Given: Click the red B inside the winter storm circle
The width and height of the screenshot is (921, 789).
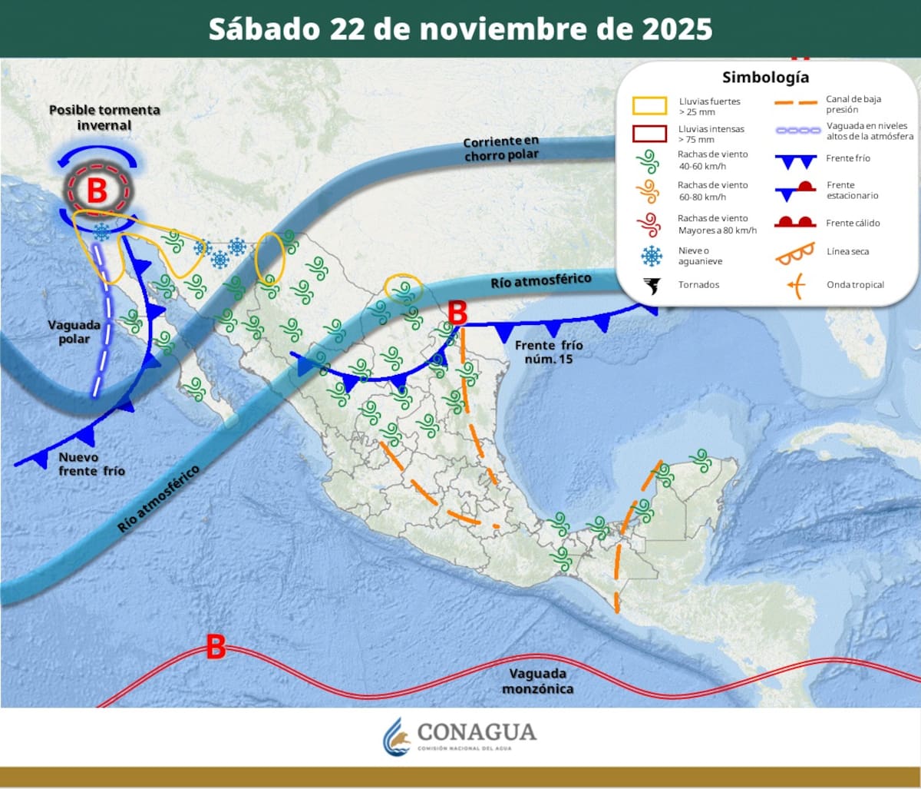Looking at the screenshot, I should (x=97, y=191).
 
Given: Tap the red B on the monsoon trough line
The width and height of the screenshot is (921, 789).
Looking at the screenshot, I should (x=216, y=647).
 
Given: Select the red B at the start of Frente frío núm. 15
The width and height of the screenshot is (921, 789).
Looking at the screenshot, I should (x=457, y=313).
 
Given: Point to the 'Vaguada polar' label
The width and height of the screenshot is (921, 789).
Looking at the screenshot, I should (x=74, y=332).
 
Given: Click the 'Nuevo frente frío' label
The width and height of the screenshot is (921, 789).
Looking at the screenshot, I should (x=91, y=464).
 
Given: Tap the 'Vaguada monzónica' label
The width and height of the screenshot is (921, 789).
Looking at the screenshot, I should (x=537, y=681).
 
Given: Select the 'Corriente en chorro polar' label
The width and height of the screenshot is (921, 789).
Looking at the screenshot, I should (x=501, y=148).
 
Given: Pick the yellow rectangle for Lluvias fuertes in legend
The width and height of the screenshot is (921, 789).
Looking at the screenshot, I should (x=649, y=106).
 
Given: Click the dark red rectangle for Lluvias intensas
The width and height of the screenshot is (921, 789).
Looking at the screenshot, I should (x=649, y=134).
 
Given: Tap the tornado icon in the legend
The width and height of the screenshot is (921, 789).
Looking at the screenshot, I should (x=652, y=287).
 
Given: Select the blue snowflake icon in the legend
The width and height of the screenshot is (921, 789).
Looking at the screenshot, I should (x=652, y=256).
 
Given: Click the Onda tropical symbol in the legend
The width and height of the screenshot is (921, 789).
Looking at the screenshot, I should (x=796, y=287).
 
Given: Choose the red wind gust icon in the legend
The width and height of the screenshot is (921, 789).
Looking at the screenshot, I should (x=650, y=224).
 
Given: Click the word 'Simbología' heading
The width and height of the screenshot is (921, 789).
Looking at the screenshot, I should (x=765, y=78).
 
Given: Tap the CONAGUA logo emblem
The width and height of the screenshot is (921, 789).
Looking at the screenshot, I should (x=397, y=737).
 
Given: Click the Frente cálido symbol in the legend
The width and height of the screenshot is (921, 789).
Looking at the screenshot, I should (x=794, y=223).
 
